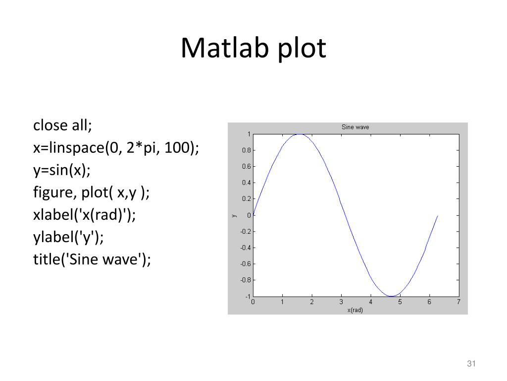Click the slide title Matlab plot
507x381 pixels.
point(253,49)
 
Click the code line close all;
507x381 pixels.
point(63,126)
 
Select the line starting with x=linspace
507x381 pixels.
point(116,148)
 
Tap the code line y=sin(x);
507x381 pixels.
point(62,170)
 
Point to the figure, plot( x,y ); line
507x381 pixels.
point(91,192)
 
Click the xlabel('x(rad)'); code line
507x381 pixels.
point(84,215)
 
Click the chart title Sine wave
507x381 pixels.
point(355,127)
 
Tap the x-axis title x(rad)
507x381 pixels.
point(355,310)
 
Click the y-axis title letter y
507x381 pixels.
point(234,215)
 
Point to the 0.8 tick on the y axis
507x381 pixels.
point(246,150)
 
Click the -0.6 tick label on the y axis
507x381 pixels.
point(245,264)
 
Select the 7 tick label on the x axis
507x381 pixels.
point(458,302)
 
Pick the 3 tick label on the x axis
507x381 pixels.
point(341,302)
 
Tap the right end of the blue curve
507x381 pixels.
point(438,215)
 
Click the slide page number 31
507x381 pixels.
point(471,365)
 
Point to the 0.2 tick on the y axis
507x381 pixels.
point(246,199)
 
